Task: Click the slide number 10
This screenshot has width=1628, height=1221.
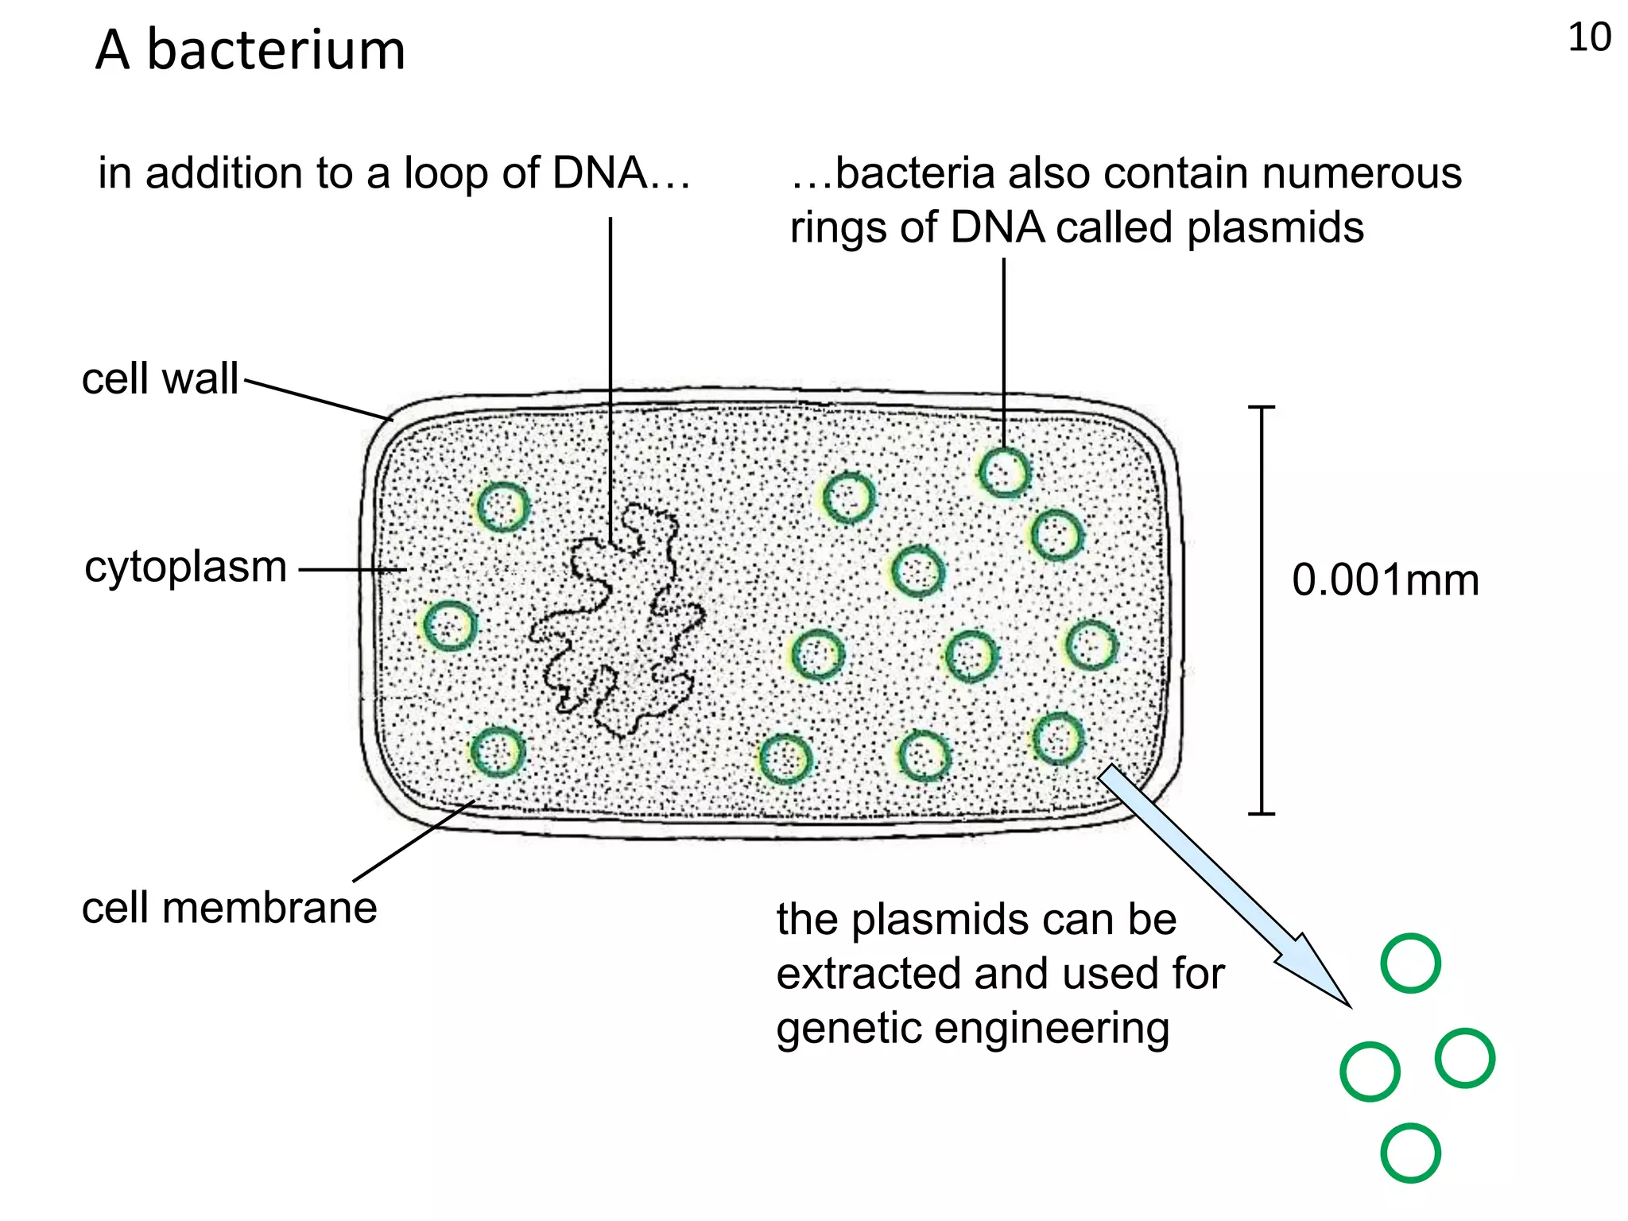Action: [1588, 37]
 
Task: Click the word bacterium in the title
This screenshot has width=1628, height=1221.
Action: [276, 51]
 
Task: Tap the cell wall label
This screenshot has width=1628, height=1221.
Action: [160, 378]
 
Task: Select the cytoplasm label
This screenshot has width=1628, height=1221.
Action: [186, 568]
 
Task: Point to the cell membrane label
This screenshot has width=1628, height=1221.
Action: [229, 908]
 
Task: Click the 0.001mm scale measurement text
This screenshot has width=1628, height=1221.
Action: [1385, 579]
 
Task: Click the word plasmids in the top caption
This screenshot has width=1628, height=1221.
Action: [1275, 228]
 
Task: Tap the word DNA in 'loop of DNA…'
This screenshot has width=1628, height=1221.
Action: [600, 172]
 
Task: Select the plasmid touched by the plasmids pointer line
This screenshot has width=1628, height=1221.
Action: [1004, 472]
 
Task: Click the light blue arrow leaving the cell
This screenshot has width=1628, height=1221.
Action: [1224, 882]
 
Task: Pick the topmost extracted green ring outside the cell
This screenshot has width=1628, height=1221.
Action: [1410, 963]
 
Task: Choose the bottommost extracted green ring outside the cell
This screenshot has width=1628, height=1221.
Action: [1410, 1153]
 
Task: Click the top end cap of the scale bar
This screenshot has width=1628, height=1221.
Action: [1262, 408]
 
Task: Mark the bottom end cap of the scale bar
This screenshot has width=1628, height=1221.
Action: [1262, 813]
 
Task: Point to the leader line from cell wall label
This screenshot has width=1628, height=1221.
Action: [318, 400]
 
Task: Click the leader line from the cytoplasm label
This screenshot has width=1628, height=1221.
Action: [352, 569]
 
